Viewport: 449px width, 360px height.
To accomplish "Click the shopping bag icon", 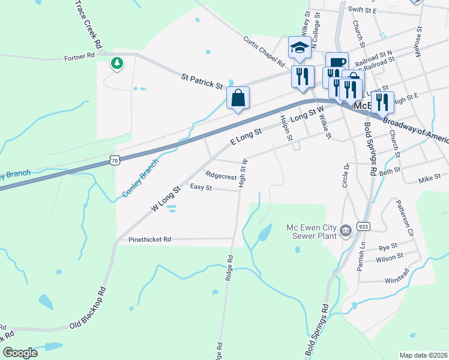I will pos(238,98).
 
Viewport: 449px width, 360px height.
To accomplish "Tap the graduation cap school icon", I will pos(300,47).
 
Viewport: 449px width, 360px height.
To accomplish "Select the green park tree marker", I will pos(117,62).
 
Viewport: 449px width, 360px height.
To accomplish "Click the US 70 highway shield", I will pos(116,160).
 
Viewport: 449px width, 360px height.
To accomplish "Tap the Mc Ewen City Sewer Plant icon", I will pos(346,230).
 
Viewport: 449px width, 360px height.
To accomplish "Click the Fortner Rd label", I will pos(80,56).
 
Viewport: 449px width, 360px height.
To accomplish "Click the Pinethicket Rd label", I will pos(150,239).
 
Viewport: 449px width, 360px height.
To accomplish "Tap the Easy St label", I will pos(201,188).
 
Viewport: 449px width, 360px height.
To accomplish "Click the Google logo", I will pos(20,353).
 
